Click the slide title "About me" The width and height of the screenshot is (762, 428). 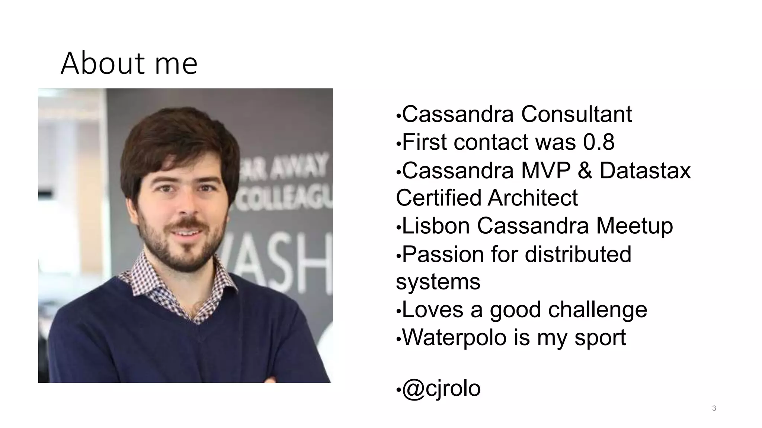coord(129,63)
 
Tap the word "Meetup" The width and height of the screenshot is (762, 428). coord(634,226)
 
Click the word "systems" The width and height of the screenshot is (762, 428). coord(438,282)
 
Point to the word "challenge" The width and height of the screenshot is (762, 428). coord(598,310)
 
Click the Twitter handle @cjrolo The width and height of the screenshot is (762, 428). coord(441,389)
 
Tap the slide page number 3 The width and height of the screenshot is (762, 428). coord(714,408)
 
